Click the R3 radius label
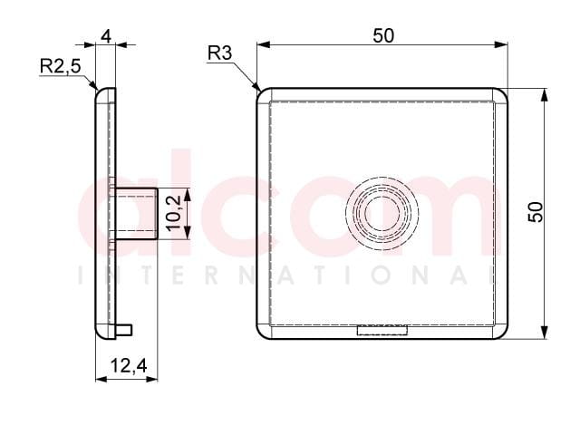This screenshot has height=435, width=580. coord(219,53)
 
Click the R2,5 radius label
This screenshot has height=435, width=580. coord(60,66)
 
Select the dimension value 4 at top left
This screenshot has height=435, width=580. coord(106,36)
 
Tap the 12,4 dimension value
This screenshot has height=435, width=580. coord(129,366)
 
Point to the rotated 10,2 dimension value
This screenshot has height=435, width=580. coord(173,214)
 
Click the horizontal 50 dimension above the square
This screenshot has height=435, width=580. coord(383,36)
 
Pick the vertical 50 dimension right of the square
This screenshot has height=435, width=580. coord(536,212)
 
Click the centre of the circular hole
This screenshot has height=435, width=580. coord(382,213)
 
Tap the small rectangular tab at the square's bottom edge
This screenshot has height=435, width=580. coord(382,330)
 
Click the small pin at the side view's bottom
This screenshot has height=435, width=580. coord(124,330)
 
